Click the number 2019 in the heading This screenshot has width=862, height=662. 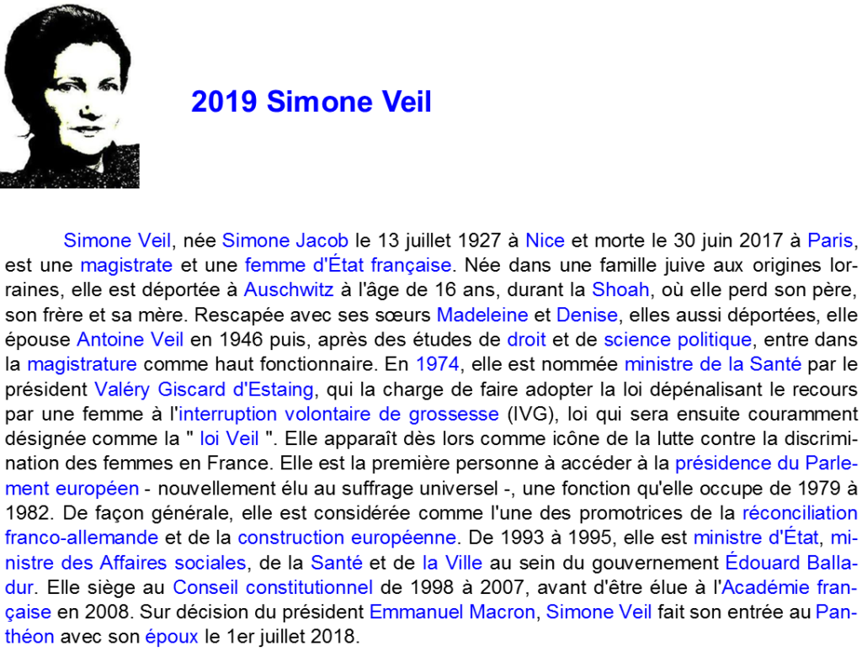tap(224, 102)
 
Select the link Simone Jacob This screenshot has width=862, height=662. tap(285, 241)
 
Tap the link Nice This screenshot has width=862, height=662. tap(545, 241)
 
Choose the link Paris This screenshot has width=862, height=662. tap(829, 241)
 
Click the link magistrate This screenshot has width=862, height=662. tap(126, 265)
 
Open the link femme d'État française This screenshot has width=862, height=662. tap(348, 265)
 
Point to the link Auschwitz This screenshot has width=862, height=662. tap(289, 289)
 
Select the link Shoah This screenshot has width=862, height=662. tap(620, 289)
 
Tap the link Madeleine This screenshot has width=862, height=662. tap(482, 315)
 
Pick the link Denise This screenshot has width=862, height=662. tap(587, 315)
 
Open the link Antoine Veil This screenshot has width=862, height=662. tap(130, 340)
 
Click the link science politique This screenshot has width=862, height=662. tap(678, 340)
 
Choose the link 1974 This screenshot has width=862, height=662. tap(437, 364)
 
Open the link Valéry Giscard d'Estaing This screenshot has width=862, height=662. tap(204, 389)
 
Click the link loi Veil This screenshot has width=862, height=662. tap(229, 438)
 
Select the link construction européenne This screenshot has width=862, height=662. tap(347, 538)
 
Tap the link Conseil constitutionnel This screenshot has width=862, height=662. tap(273, 587)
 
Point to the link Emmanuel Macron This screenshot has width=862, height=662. tap(452, 612)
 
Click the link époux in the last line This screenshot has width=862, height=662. tap(172, 637)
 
